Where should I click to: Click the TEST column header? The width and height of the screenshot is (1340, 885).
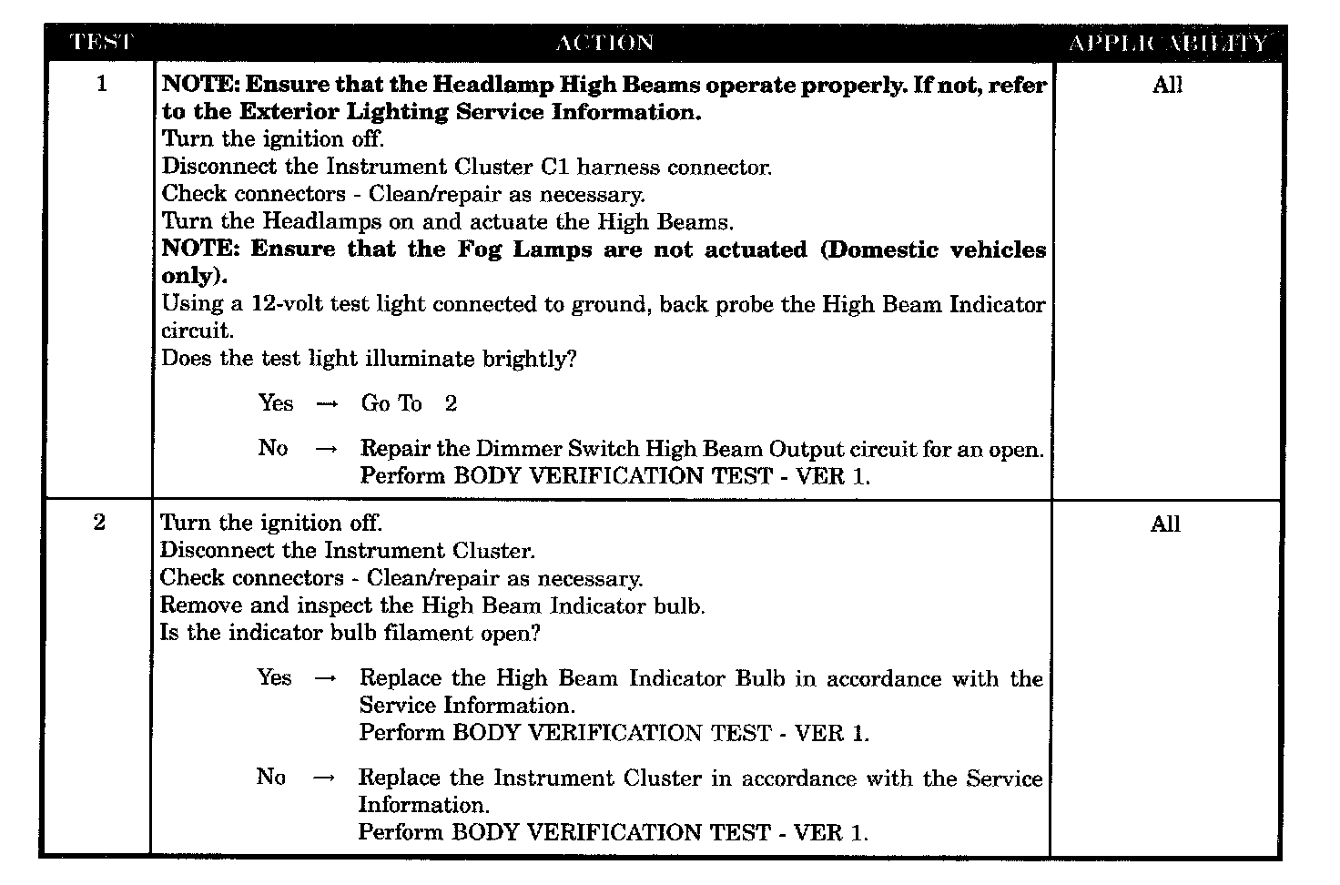[101, 43]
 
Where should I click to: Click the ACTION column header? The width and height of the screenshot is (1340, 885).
[604, 43]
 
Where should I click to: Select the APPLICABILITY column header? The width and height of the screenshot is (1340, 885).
[1167, 43]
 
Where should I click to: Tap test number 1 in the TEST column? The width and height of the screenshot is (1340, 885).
[101, 85]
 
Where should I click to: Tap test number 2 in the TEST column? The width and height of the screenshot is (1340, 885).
[99, 523]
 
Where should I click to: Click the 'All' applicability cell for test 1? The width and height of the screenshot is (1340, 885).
[1167, 85]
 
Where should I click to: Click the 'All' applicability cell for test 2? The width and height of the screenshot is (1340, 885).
[1165, 524]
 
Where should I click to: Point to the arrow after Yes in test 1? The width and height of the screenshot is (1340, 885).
[327, 404]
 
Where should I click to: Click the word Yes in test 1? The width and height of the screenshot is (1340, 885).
[276, 403]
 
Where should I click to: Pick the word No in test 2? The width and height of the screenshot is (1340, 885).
[270, 777]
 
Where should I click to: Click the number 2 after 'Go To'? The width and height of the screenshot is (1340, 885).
[451, 403]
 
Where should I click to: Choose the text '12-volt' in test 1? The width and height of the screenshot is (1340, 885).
[288, 304]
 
